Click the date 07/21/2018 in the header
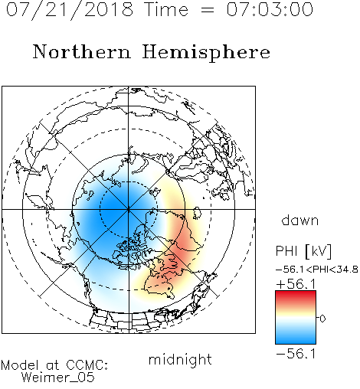[x=70, y=10]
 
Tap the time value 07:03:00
[x=270, y=9]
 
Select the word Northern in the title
[x=82, y=51]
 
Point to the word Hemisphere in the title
[x=206, y=53]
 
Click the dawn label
[x=300, y=220]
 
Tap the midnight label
[x=180, y=360]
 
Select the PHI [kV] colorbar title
[x=303, y=251]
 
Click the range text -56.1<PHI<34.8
[x=317, y=270]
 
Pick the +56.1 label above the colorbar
[x=296, y=284]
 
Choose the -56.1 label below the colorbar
[x=296, y=354]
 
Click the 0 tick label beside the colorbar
[x=322, y=319]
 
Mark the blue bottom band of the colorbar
[x=296, y=339]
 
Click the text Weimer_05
[x=58, y=378]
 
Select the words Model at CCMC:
[x=54, y=365]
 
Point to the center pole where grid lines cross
[x=129, y=209]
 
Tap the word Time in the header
[x=166, y=9]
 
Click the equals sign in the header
[x=207, y=10]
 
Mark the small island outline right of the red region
[x=197, y=213]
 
